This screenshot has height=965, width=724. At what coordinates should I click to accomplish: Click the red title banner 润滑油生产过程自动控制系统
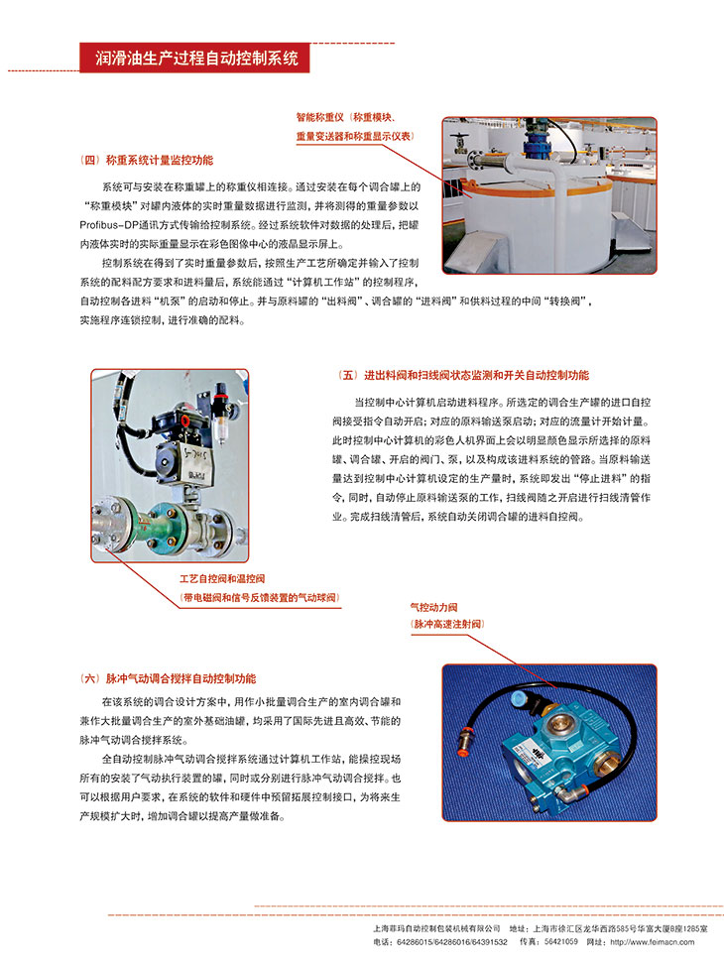point(194,58)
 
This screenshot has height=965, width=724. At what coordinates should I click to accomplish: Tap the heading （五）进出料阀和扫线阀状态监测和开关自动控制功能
point(464,376)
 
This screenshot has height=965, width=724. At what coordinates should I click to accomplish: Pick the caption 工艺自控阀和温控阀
point(222,578)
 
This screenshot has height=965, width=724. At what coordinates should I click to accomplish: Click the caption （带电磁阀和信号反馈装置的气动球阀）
point(259,597)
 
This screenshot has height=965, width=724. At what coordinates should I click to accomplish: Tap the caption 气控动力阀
point(433,606)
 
